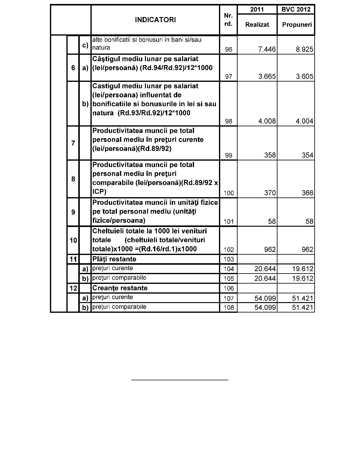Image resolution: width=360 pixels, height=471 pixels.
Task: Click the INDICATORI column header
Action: (x=155, y=20)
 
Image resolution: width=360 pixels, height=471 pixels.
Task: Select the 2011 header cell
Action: (x=257, y=9)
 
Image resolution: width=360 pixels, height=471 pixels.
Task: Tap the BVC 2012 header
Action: (x=296, y=9)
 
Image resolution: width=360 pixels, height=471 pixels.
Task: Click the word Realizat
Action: (x=257, y=25)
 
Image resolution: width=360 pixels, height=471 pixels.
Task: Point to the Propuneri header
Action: (x=297, y=25)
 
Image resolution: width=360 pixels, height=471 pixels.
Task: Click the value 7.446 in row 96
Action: (x=267, y=49)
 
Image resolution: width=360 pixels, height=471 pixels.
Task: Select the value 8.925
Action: (x=304, y=49)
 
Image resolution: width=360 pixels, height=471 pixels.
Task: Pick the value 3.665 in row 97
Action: (x=267, y=76)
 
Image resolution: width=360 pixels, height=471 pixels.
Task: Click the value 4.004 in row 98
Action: (x=304, y=121)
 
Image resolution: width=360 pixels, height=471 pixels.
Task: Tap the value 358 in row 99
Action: (x=270, y=155)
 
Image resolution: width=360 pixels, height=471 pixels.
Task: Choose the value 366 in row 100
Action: (x=307, y=193)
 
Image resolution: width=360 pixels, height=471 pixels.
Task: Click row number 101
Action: (x=228, y=222)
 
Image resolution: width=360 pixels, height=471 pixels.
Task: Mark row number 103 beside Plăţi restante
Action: (x=228, y=259)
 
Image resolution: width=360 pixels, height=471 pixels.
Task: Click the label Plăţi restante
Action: (x=114, y=259)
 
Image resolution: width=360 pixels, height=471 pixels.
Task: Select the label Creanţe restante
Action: (x=120, y=288)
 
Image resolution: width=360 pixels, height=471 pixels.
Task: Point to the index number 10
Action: (x=73, y=240)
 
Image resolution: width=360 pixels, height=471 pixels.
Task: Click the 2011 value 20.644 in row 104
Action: (x=265, y=269)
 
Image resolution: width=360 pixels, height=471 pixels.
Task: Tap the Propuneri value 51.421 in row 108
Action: (x=302, y=308)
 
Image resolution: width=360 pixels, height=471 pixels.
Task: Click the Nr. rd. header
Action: (x=228, y=20)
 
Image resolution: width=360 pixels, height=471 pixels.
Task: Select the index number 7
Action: (x=73, y=143)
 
